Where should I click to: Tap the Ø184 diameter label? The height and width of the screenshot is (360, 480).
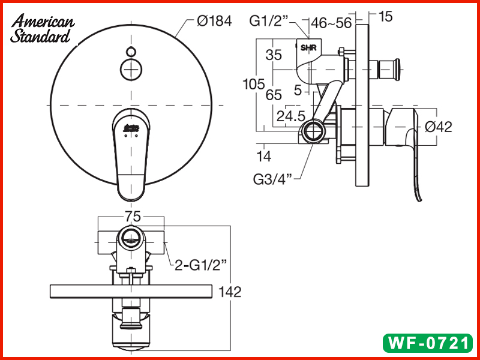pos(214,22)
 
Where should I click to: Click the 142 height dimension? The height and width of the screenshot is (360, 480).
pos(229,292)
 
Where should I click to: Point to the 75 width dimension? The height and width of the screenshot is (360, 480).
pos(132,217)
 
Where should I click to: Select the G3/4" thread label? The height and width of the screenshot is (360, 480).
pos(272,178)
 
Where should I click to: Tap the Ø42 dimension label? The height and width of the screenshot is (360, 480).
pos(438,127)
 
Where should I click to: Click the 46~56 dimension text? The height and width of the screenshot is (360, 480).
pos(332,23)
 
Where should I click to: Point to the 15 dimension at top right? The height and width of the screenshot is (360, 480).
pos(386,17)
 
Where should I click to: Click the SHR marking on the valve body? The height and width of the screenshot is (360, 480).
pos(307,47)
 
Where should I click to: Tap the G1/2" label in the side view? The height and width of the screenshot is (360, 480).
pos(269,22)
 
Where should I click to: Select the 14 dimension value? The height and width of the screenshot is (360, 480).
pos(264,157)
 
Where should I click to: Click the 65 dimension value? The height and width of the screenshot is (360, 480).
pos(274,95)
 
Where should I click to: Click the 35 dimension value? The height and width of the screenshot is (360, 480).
pos(274,55)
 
